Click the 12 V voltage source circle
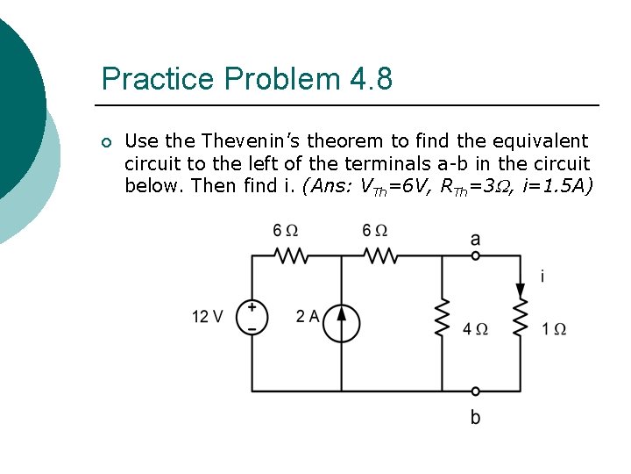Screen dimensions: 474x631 coord(252,317)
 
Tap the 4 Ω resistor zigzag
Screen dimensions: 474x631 coord(441,317)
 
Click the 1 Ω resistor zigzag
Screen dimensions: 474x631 coord(520,319)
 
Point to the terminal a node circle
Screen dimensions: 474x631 coord(475,255)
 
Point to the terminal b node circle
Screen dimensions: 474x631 coord(475,391)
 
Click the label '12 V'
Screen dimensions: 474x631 coord(208,317)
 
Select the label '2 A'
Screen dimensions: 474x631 coord(308,317)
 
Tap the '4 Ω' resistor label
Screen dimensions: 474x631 coord(475,329)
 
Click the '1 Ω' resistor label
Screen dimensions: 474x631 coord(554,329)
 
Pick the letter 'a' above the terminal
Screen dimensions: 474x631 coord(475,238)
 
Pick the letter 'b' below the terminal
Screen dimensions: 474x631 coord(475,416)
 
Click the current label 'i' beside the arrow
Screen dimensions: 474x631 coord(542,276)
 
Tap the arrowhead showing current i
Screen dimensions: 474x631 coord(520,291)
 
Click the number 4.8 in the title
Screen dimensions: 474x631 coord(371,79)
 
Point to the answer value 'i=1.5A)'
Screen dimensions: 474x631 coord(561,185)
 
